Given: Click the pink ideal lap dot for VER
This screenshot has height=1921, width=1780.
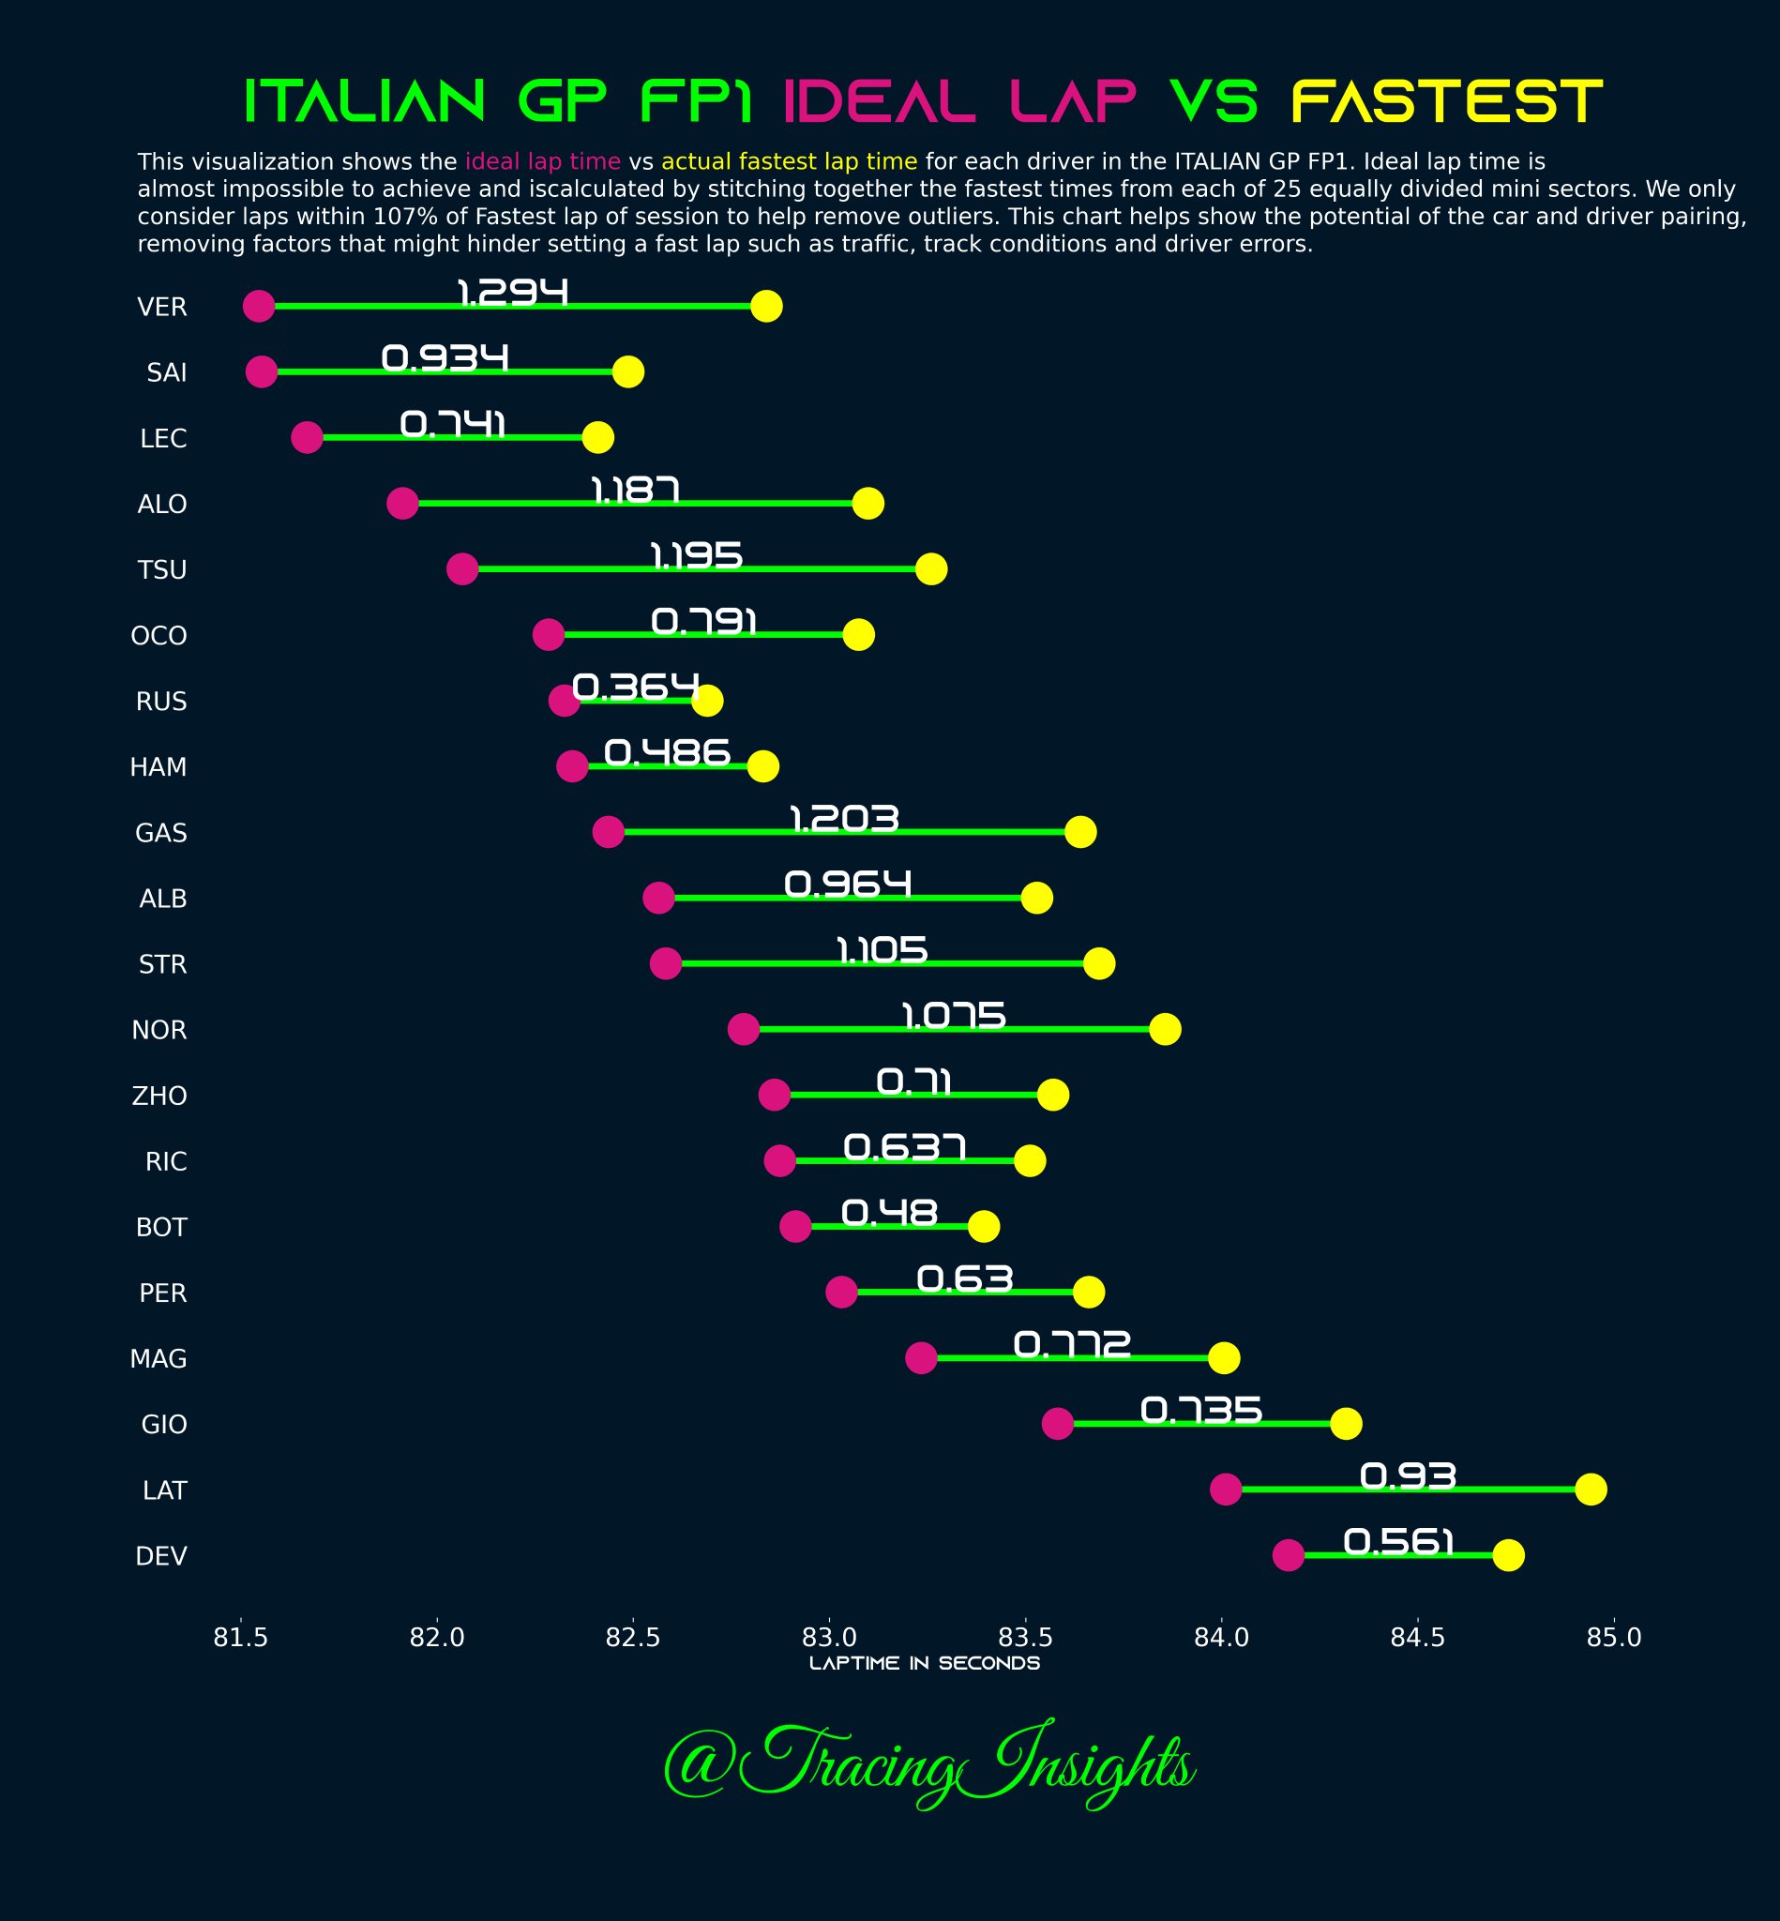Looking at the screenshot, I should point(258,307).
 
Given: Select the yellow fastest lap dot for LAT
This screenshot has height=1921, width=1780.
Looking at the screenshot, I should point(1591,1490).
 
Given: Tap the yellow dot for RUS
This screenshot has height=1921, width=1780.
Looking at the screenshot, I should point(707,701).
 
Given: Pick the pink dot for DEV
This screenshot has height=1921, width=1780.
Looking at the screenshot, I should point(1288,1555).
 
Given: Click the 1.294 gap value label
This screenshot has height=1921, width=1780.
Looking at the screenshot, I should point(511,292).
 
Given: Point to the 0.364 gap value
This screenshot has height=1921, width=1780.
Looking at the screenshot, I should point(635,687).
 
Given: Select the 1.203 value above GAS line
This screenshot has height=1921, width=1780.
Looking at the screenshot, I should point(844,819).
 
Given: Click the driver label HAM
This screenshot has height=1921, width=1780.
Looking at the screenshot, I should point(158,767).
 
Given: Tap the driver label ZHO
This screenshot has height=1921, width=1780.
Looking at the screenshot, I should point(159,1096).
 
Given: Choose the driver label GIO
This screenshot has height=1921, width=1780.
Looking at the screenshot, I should point(164,1424).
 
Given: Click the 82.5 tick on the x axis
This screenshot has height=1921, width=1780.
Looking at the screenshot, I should point(633,1637).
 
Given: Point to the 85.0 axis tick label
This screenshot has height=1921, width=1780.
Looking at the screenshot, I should point(1613,1637).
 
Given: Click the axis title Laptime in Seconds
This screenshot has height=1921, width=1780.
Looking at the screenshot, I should point(925,1664).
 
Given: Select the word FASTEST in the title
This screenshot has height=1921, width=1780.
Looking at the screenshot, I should point(1446,102).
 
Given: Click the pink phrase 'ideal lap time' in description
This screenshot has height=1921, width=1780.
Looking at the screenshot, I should point(542,161).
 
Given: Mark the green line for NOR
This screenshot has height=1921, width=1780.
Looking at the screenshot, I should point(954,1030).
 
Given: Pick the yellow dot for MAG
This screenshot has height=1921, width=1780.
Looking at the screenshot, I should point(1223,1358).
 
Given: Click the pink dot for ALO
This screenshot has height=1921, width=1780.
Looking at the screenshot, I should point(401,503).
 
